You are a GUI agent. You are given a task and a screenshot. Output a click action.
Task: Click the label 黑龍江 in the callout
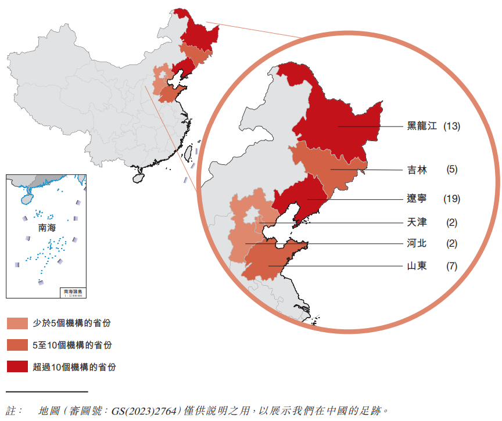(421, 126)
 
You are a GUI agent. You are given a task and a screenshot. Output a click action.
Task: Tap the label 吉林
(417, 170)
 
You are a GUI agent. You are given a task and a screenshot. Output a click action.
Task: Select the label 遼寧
(417, 199)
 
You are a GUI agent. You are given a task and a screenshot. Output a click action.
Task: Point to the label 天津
(417, 222)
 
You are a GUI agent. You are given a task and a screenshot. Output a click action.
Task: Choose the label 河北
(417, 243)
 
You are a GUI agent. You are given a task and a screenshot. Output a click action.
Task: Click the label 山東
(417, 267)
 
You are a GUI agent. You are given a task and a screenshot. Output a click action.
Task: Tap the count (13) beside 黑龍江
(451, 126)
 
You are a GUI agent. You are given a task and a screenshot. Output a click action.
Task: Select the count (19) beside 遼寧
(451, 199)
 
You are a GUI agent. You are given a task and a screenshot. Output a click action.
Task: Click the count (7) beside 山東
(451, 267)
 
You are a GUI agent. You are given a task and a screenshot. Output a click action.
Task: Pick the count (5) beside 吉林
(451, 170)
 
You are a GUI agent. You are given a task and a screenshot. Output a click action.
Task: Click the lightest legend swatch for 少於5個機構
(17, 323)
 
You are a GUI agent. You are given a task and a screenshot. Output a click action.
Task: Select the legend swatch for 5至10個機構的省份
(17, 345)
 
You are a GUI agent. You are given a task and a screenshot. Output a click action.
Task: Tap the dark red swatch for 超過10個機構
(17, 367)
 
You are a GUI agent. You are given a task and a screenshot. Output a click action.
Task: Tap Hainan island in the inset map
(24, 197)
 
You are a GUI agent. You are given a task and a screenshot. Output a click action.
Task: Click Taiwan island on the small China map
(189, 152)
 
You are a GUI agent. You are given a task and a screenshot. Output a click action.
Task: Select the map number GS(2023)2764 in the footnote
(146, 410)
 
